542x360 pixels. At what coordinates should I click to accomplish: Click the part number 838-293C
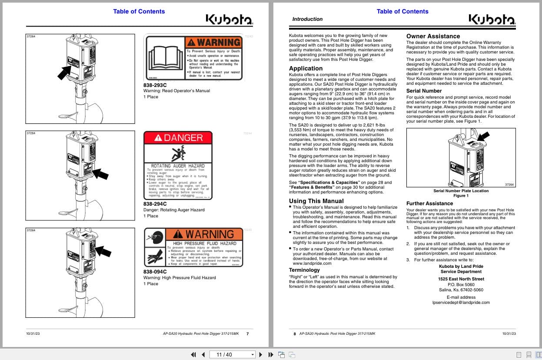click(155, 85)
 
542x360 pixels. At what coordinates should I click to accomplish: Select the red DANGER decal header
click(178, 138)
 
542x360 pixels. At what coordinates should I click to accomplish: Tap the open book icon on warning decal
click(164, 58)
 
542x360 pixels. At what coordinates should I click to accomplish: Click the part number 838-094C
click(155, 272)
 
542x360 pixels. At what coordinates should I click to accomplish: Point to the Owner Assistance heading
click(433, 36)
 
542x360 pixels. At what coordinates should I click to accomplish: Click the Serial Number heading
click(424, 91)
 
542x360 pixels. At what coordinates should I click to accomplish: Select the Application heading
click(306, 68)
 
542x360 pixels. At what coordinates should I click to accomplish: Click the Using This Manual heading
click(316, 201)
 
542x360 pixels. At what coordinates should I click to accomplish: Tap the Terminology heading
click(304, 270)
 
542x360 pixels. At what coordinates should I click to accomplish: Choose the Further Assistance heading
click(429, 203)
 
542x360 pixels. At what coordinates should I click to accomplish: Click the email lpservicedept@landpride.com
click(461, 302)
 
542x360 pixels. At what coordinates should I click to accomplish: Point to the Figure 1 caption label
click(461, 196)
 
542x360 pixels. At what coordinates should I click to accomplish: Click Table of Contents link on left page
click(139, 11)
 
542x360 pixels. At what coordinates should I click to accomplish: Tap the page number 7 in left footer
click(247, 334)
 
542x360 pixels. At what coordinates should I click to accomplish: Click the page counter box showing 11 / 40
click(232, 354)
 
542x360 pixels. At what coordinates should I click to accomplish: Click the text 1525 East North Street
click(461, 279)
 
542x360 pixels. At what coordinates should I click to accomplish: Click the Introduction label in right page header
click(307, 19)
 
